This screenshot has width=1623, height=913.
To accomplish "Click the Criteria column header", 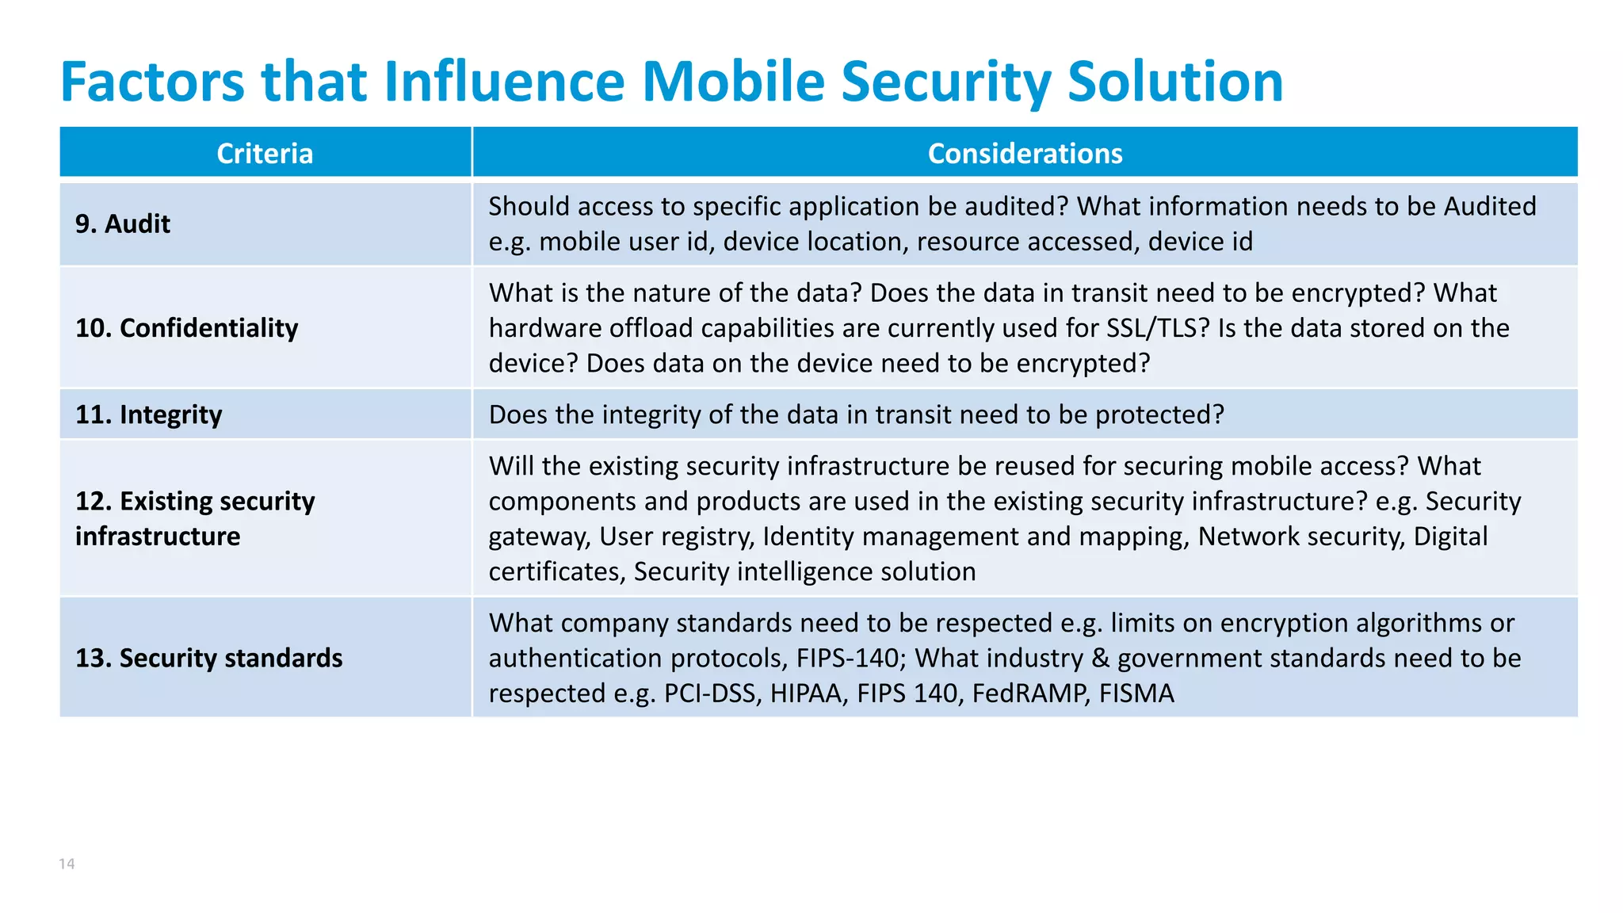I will (x=265, y=153).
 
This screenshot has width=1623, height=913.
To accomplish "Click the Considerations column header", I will (x=1025, y=153).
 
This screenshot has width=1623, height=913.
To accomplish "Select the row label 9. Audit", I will (x=123, y=224).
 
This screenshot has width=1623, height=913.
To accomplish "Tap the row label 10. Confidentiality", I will (x=187, y=328).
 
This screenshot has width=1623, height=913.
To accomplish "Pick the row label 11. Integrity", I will (x=149, y=414).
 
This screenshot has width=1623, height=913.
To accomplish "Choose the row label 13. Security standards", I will (x=209, y=658).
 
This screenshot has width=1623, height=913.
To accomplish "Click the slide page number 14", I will (x=67, y=864).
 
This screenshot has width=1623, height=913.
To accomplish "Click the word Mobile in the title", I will (x=734, y=82).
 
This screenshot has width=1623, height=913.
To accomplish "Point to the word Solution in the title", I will (x=1175, y=82).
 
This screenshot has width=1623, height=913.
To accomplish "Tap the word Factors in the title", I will (x=152, y=82).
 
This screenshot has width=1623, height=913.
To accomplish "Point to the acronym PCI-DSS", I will (x=712, y=693).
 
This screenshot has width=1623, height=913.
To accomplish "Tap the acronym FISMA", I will (x=1136, y=693).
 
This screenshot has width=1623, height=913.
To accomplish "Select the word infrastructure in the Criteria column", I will (x=158, y=537).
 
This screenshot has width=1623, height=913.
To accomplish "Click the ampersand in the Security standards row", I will (x=1100, y=659).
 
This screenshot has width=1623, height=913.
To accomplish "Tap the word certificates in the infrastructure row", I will (x=555, y=571).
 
